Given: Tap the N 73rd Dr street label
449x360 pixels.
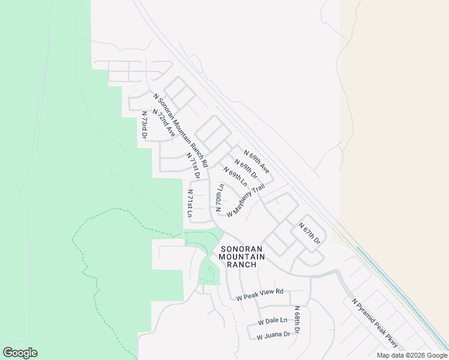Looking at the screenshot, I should point(144,125).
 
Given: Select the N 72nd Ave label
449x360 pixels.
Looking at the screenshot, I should point(163,124).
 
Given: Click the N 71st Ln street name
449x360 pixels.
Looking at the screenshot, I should point(190,203).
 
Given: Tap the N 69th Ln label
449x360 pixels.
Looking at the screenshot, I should point(236,176).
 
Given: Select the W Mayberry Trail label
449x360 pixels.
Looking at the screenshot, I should point(246,200).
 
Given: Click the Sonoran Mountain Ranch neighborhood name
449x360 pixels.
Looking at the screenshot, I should point(242,256).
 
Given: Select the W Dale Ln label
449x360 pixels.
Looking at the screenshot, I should point(273,322).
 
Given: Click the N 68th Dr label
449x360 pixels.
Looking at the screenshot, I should point(297,320).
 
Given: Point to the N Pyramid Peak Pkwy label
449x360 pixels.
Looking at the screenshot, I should point(375,323).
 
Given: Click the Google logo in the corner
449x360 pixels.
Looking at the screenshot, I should point(20,353).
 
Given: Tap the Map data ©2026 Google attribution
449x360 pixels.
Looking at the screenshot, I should point(412,355).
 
